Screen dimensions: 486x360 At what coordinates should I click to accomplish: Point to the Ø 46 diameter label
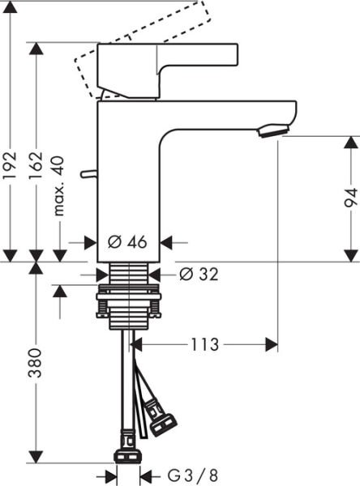(126, 242)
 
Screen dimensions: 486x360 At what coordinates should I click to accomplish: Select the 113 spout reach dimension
(204, 345)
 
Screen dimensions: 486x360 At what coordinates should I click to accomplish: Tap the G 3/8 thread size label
(182, 475)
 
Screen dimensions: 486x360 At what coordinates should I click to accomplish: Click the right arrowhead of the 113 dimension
(271, 345)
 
